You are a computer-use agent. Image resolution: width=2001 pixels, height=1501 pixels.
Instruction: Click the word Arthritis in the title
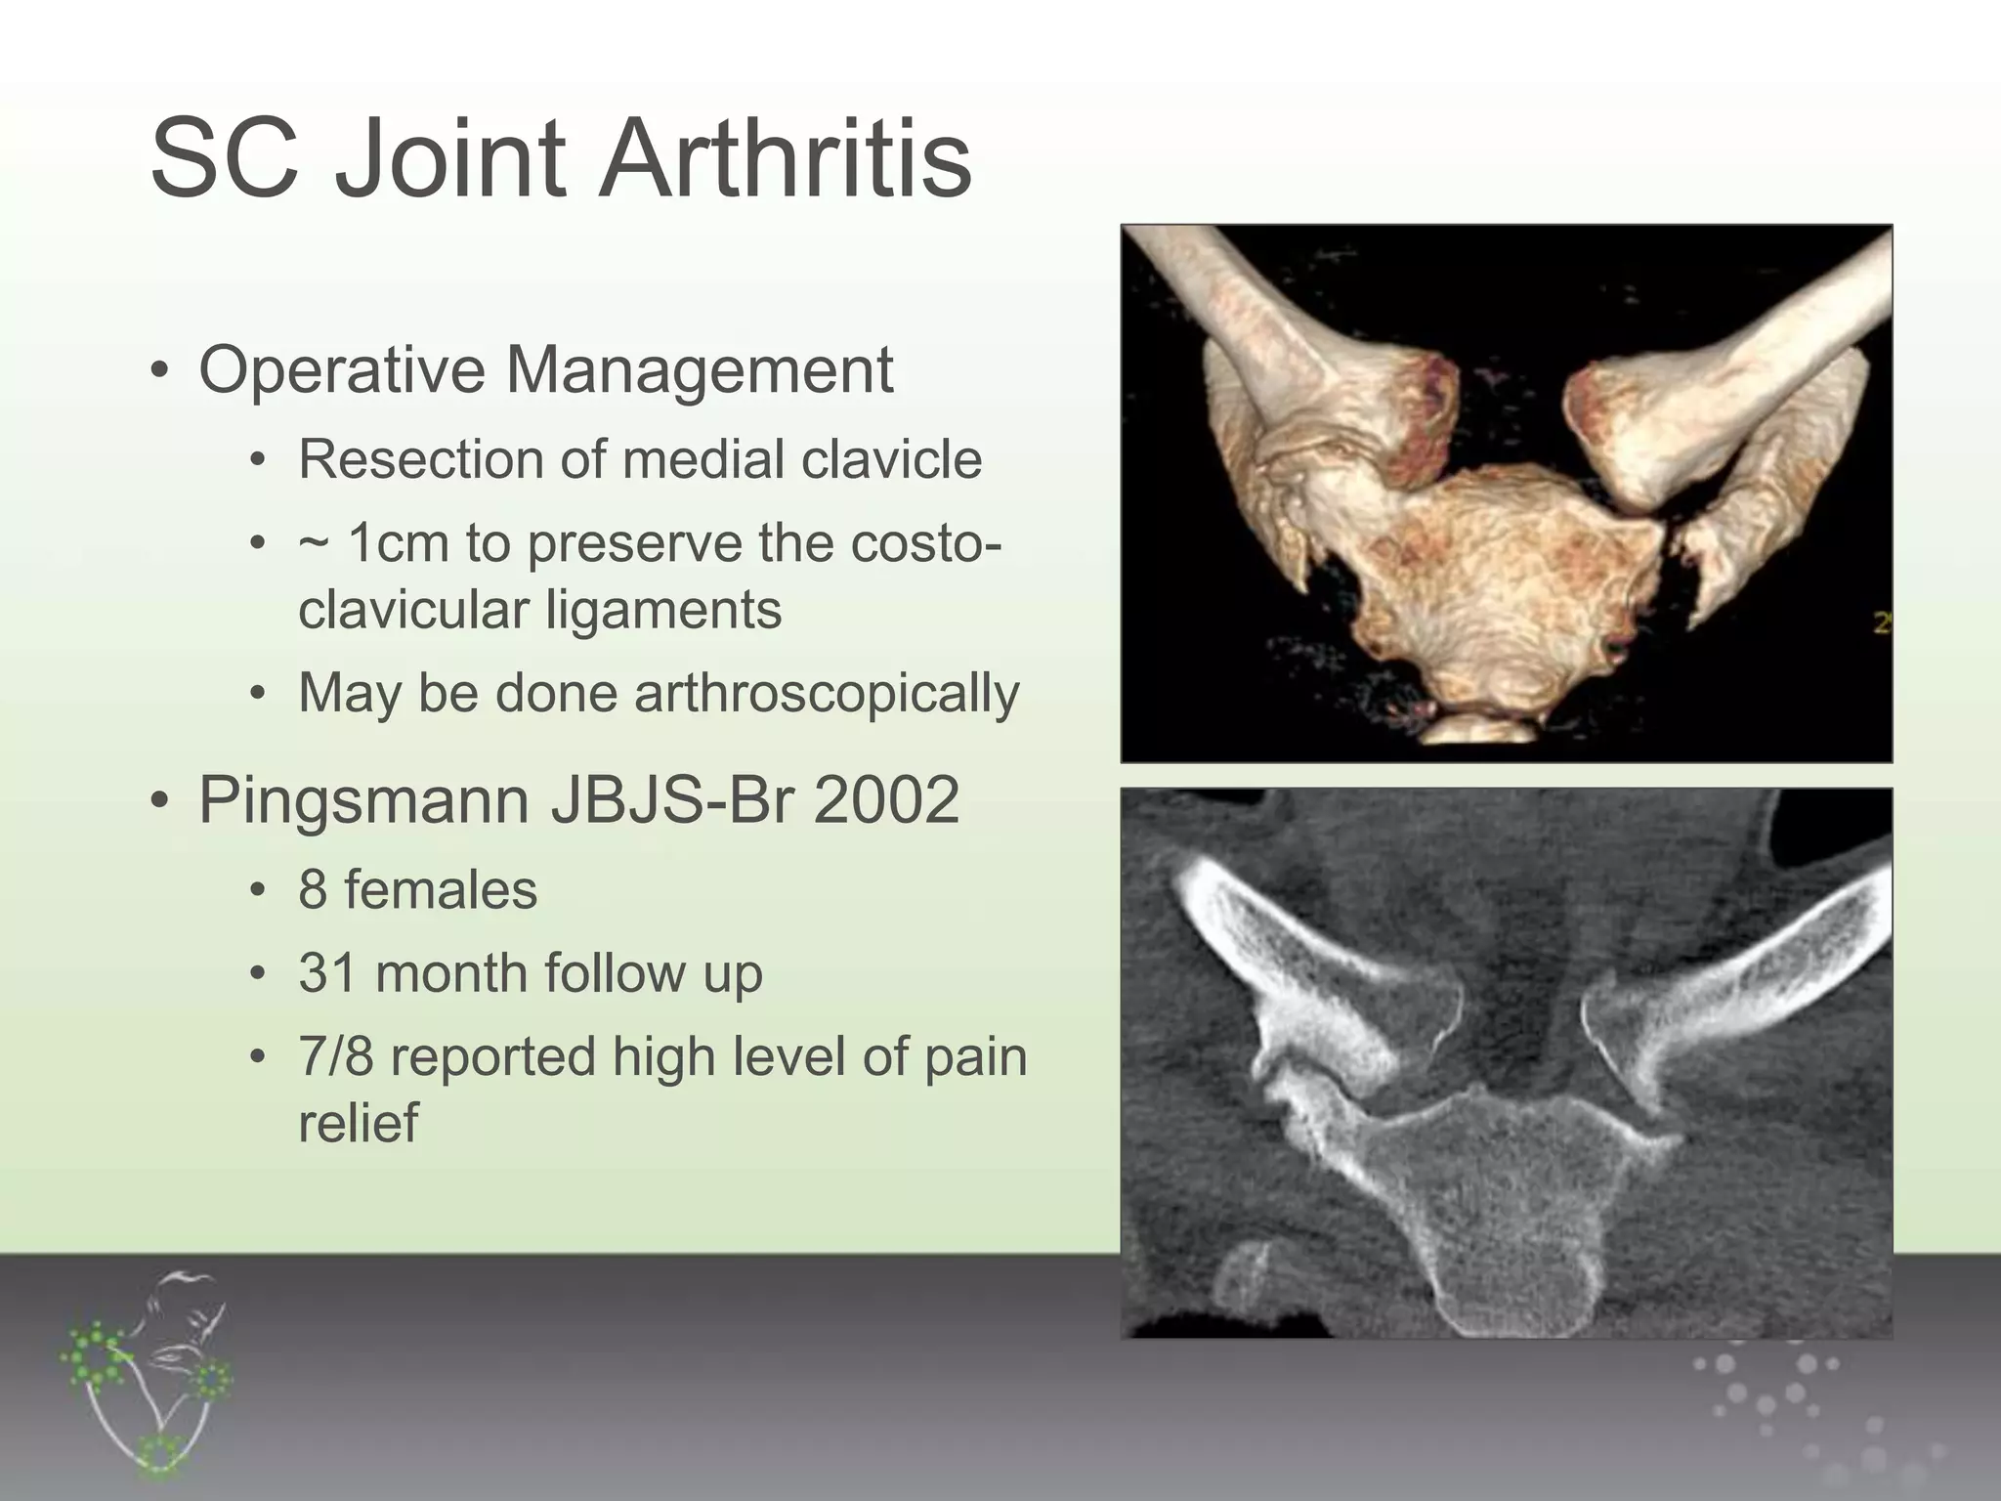tap(786, 158)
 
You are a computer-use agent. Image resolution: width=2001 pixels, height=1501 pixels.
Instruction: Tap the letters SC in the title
tap(225, 158)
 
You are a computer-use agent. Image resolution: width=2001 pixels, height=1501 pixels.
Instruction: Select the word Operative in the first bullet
tap(341, 370)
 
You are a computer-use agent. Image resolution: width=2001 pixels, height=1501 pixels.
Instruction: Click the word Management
tap(699, 370)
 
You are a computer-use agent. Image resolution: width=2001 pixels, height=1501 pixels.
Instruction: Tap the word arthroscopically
tap(827, 694)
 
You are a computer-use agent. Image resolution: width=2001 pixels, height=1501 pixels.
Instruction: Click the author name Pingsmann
tap(362, 800)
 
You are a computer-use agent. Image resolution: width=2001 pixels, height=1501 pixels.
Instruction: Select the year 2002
tap(886, 800)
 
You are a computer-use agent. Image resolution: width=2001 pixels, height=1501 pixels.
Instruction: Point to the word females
tap(441, 890)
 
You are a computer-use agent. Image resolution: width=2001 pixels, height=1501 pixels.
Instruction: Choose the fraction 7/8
tap(336, 1057)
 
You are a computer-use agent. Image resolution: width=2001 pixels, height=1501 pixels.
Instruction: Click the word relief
tap(358, 1123)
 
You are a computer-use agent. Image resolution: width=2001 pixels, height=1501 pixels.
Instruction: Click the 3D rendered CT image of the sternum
tap(1506, 493)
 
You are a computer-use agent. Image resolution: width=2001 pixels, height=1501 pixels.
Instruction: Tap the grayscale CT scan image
tap(1506, 1063)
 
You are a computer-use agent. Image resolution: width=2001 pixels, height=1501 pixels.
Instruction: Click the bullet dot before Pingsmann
tap(160, 802)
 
